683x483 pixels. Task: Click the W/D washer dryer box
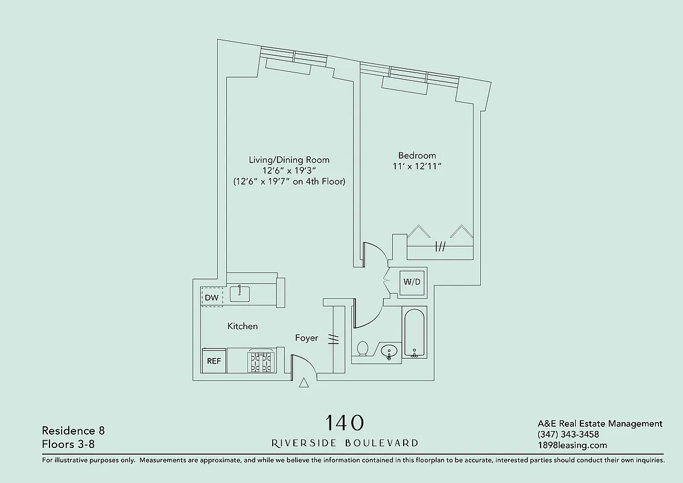coord(411,282)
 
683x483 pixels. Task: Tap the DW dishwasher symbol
coord(211,298)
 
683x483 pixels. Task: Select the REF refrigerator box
coord(214,361)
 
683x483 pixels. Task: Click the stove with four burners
coord(261,362)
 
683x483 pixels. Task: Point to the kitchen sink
coord(240,293)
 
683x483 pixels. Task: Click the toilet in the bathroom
coord(363,349)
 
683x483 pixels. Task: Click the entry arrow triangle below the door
coord(303,382)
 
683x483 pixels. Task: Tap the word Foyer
coord(307,338)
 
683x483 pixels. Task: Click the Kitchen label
coord(243,326)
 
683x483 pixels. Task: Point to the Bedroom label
coord(417,155)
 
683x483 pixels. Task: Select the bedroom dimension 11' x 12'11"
coord(417,167)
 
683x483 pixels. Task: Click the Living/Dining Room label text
coord(289,159)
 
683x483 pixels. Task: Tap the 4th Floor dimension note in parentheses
coord(289,181)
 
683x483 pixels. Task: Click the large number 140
coord(345,422)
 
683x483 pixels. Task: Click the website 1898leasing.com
coord(572,446)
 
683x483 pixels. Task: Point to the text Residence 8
coord(73,430)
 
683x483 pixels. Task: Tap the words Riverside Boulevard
coord(345,443)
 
